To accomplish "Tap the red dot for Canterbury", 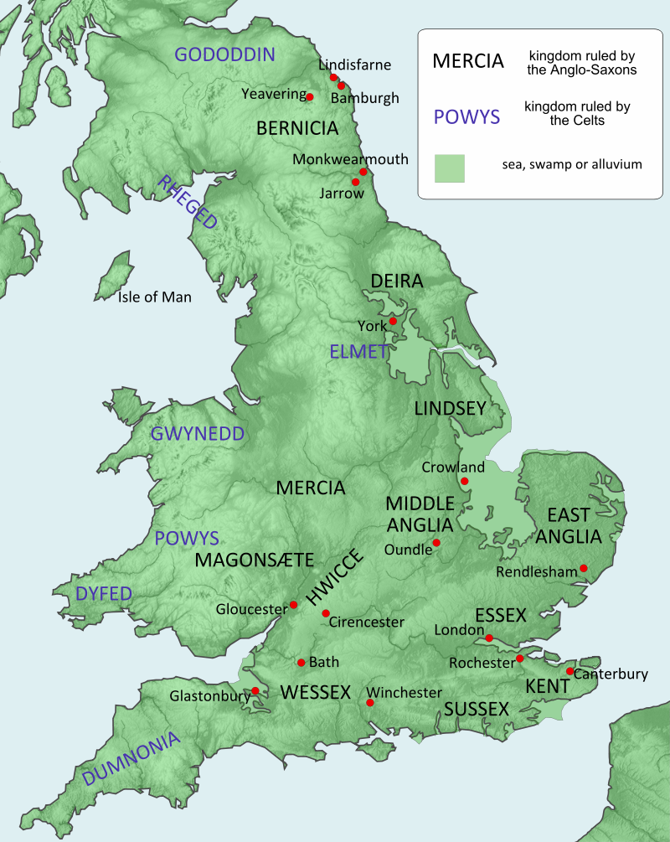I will [570, 671].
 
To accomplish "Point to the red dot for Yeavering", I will [309, 97].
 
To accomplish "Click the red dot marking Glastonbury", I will [255, 691].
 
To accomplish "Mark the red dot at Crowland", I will [464, 481].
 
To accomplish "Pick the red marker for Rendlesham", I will [584, 569].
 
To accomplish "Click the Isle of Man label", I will [154, 297].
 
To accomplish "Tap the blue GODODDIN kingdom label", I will [224, 55].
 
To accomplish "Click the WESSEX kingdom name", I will [315, 692].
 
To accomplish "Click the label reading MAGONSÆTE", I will [254, 560].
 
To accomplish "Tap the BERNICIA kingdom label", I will [297, 129].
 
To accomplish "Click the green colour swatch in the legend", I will [450, 168].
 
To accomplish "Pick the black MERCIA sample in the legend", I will [467, 61].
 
